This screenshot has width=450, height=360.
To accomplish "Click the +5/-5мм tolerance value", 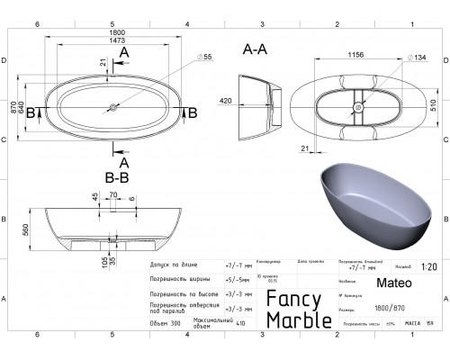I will (234, 279).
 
